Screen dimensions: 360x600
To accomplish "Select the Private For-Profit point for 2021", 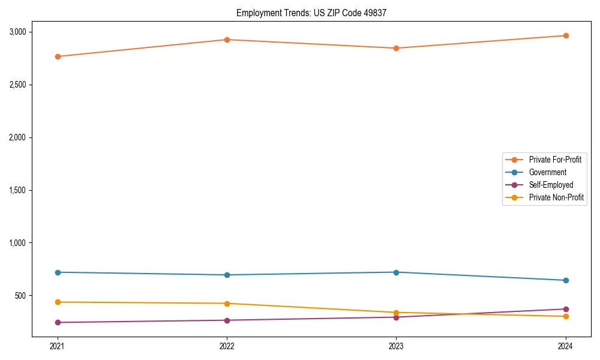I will click(x=58, y=56).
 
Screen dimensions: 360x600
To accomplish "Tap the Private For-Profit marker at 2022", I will click(x=227, y=40).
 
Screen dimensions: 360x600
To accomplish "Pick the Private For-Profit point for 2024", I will click(x=566, y=35).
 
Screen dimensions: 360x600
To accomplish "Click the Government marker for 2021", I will click(x=58, y=272).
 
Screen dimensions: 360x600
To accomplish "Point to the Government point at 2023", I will click(x=396, y=272).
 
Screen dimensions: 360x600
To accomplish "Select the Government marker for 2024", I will click(x=566, y=280).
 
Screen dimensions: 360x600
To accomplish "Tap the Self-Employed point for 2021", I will click(x=58, y=322).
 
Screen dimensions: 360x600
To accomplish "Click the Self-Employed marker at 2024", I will click(x=566, y=309).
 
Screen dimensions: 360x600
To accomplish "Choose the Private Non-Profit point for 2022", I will click(x=227, y=304).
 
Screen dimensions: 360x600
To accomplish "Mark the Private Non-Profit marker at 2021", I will click(x=58, y=302).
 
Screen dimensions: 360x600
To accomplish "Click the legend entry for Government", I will click(x=547, y=172).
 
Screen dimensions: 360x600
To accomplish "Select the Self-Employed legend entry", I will click(x=551, y=185).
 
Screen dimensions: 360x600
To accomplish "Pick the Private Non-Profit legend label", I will click(x=556, y=197).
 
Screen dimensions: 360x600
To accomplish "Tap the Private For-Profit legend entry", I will click(x=555, y=160).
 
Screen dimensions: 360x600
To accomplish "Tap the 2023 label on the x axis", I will click(x=396, y=346).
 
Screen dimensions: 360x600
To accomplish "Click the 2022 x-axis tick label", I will click(x=227, y=346).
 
